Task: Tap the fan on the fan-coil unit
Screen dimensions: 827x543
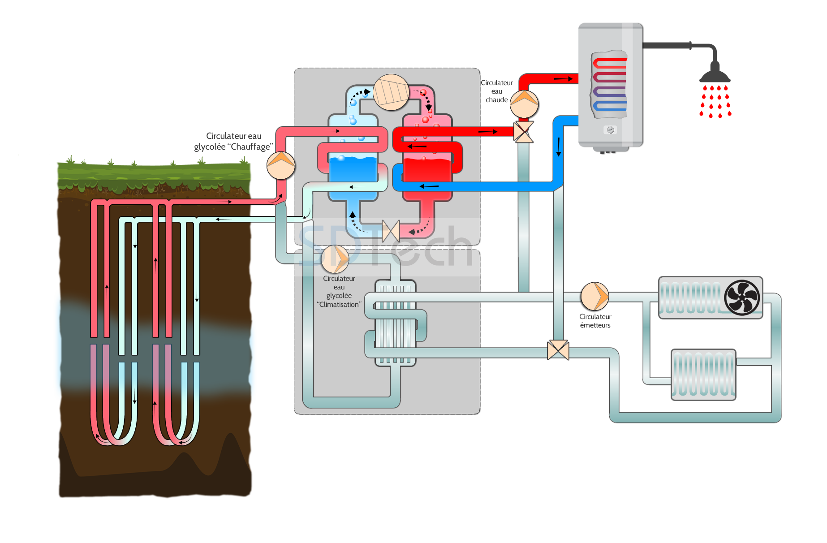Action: point(742,297)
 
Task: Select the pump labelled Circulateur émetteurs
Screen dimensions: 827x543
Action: point(595,296)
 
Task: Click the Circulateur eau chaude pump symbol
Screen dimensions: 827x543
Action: point(524,104)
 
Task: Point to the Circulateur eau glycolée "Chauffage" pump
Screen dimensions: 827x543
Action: point(281,165)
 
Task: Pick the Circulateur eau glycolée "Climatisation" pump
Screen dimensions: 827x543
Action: point(336,259)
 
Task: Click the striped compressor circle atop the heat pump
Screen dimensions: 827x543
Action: point(391,92)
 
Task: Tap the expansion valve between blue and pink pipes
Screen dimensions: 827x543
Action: point(391,231)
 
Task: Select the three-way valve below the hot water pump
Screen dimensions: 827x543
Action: point(523,132)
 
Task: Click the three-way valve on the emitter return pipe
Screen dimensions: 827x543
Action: point(558,350)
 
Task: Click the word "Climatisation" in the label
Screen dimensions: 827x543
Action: point(339,305)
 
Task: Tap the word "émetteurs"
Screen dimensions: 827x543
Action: point(595,325)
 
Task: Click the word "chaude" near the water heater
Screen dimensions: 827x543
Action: point(497,100)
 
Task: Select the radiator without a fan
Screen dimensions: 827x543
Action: point(703,375)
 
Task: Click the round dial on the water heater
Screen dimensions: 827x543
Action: point(610,130)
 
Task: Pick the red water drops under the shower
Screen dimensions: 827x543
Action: point(715,102)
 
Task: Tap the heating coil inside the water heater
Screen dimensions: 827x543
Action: point(609,85)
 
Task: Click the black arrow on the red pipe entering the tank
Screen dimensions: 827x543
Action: point(563,79)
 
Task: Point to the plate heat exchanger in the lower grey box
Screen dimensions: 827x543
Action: point(395,323)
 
